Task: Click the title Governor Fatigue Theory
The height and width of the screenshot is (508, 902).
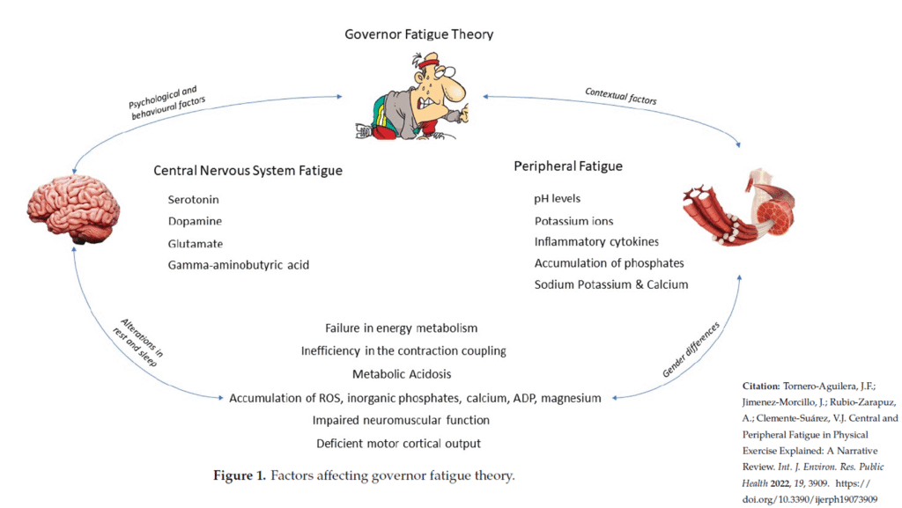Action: pos(418,35)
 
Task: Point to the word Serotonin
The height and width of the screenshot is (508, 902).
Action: pos(194,199)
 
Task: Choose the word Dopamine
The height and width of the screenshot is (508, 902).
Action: pos(195,221)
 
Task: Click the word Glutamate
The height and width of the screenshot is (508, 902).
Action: pos(196,243)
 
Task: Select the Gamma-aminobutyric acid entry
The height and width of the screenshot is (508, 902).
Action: pos(239,265)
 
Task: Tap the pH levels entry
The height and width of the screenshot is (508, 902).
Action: pos(558,198)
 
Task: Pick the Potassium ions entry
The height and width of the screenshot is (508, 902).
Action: pos(574,220)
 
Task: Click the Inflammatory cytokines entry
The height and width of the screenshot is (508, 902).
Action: pos(596,241)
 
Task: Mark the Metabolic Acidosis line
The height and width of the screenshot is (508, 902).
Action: pos(401,374)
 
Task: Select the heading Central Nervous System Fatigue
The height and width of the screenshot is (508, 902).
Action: pos(248,170)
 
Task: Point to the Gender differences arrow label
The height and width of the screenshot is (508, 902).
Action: pos(691,350)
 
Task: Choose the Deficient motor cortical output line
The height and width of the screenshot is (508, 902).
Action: pos(399,443)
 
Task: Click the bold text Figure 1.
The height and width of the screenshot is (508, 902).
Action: pos(240,476)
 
